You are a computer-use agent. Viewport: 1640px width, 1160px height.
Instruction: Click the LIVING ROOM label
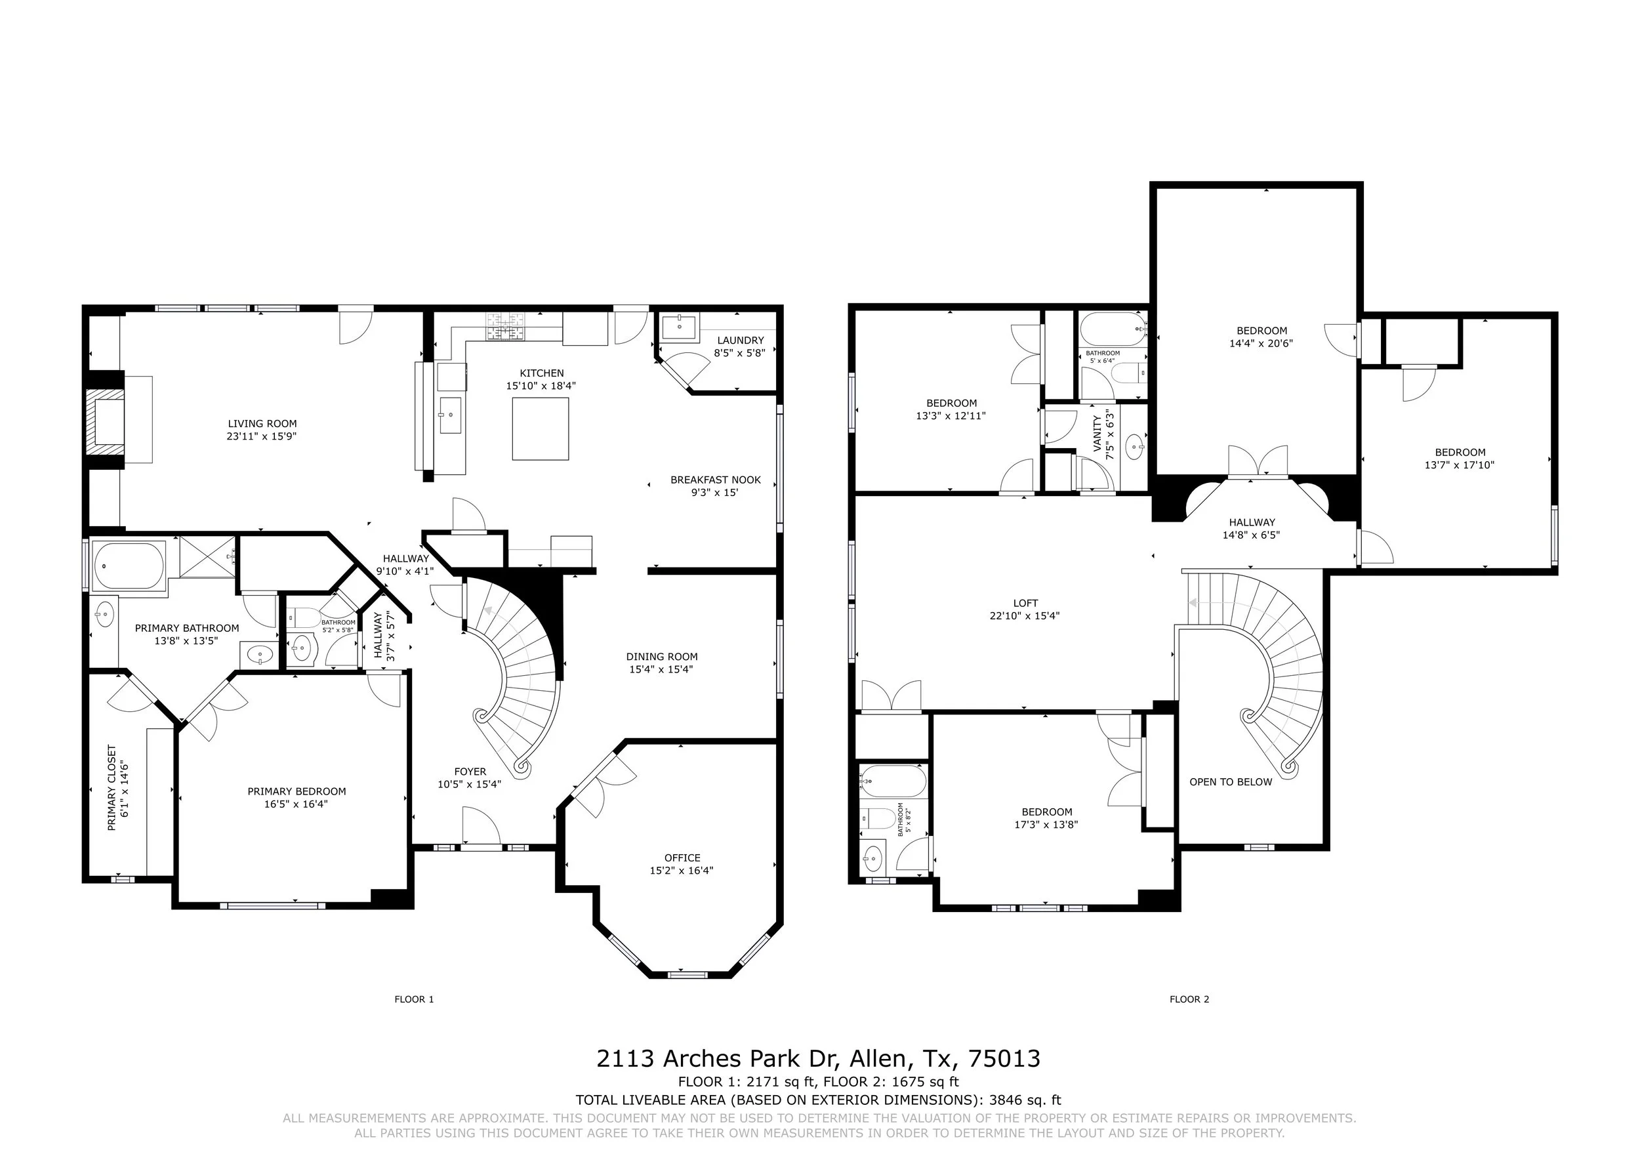click(262, 424)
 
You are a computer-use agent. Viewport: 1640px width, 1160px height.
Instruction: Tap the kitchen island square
click(541, 428)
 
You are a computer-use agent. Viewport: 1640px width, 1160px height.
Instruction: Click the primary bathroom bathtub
click(129, 566)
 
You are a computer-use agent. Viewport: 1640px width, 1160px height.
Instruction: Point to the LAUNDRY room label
click(741, 341)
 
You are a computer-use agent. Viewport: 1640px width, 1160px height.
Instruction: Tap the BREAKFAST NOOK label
click(716, 480)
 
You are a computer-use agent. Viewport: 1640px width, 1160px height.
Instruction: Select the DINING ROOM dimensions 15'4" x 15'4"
click(661, 669)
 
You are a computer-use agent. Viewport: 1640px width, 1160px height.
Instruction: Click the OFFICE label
click(682, 858)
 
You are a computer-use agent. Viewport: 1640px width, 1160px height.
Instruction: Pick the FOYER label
click(470, 772)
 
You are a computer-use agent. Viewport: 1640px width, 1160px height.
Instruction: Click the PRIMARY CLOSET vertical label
click(112, 789)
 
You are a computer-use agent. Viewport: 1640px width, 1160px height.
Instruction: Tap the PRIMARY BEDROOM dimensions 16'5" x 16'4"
click(297, 804)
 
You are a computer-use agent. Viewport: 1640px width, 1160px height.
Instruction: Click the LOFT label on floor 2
click(1025, 603)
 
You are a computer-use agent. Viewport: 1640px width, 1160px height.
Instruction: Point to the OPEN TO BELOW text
click(1231, 782)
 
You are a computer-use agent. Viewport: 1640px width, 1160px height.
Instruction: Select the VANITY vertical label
click(1097, 434)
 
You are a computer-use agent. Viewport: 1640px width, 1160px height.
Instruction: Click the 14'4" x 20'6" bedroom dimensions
click(1261, 343)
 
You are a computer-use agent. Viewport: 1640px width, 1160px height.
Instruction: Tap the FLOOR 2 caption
click(1189, 999)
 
